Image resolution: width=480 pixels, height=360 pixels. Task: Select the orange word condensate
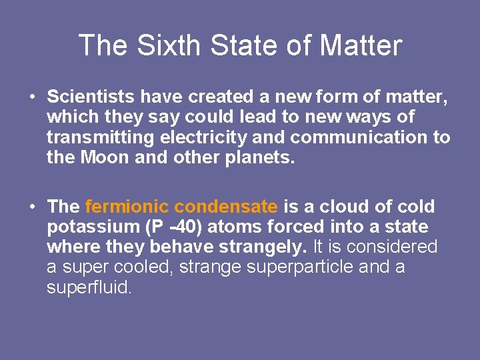click(x=226, y=207)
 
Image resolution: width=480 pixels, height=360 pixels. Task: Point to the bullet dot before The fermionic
click(x=32, y=207)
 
